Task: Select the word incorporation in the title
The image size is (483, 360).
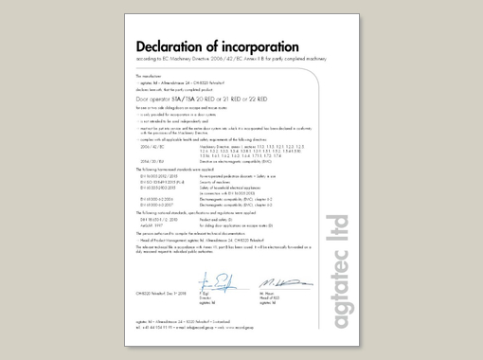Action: [x=259, y=46]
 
